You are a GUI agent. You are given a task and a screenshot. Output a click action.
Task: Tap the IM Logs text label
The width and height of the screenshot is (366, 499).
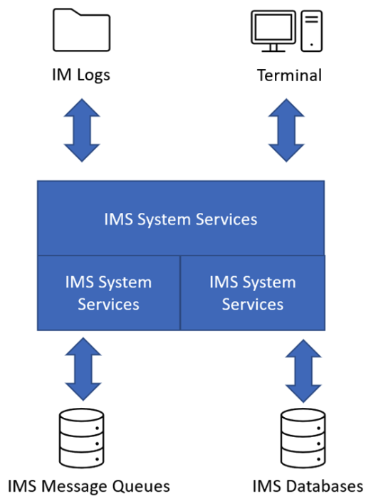pos(81,75)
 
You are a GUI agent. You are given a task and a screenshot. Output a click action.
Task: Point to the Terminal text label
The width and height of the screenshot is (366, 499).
pos(290,75)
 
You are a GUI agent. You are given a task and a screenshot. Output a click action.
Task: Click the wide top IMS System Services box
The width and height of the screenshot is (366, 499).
pos(181,218)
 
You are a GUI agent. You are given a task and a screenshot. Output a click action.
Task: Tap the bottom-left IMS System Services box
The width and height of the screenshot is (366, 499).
pos(109,293)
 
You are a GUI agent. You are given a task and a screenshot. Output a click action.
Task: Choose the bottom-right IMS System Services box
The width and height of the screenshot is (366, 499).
pos(253,293)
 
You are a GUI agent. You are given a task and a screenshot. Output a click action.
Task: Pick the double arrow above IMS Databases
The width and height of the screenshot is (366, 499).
pos(302,369)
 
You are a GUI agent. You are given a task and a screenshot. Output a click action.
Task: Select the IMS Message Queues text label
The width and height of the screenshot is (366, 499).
pos(89,486)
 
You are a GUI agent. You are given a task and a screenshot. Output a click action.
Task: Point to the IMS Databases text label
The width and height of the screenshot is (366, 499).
pos(307,486)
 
